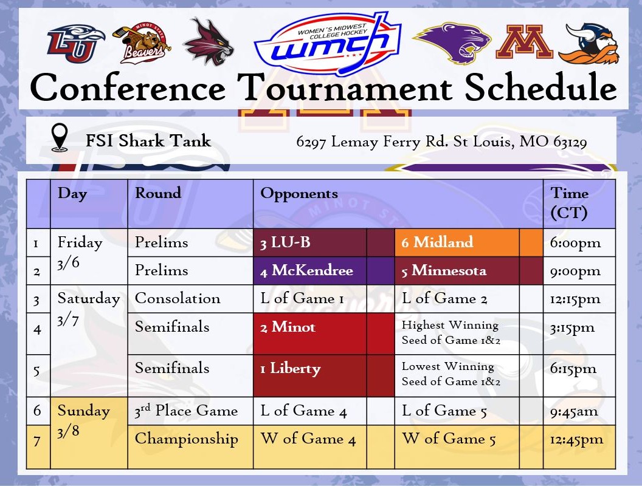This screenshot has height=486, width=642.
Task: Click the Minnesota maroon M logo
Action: [524, 42]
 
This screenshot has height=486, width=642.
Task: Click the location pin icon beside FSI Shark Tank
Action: [60, 138]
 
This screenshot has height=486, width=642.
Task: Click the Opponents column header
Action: [299, 194]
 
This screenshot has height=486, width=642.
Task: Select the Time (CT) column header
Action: [570, 203]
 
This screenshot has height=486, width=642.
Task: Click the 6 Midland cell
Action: [437, 242]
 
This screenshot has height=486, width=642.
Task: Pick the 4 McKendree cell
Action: [306, 271]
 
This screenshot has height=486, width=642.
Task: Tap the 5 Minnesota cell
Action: [444, 271]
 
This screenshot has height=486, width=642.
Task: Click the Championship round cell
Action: [186, 439]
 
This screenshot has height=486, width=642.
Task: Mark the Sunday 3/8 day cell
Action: [83, 419]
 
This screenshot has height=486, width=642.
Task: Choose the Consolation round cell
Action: [178, 299]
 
